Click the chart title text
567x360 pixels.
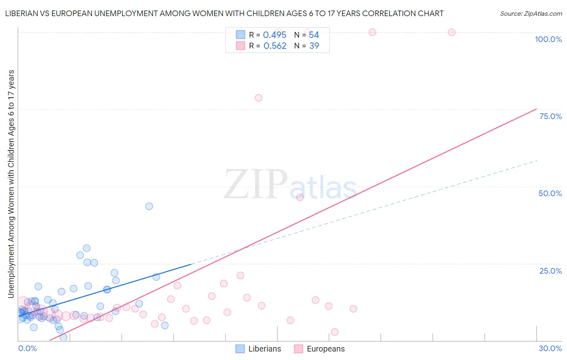coord(224,14)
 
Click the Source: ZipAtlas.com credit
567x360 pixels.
coord(531,14)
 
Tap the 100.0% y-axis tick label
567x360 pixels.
coord(548,39)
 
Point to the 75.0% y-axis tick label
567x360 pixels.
coord(550,116)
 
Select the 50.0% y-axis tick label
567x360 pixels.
coord(550,193)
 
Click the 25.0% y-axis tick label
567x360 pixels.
coord(550,271)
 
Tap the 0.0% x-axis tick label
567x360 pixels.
coord(27,348)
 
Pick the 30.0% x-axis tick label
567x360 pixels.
coord(550,348)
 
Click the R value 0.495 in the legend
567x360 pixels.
coord(275,35)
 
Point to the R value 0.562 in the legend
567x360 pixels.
coord(275,46)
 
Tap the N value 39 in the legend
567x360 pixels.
coord(314,46)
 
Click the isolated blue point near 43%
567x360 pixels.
coord(149,206)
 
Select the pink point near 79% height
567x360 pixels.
coord(258,98)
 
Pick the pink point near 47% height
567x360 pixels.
coord(300,197)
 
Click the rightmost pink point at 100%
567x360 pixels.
coord(452,32)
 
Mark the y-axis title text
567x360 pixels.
coord(11,184)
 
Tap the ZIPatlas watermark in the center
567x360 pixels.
coord(290,185)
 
